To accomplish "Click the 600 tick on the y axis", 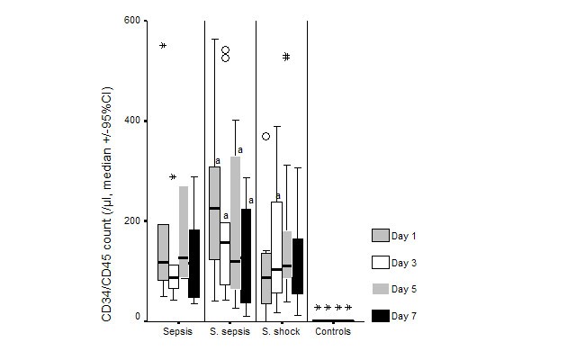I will click(130, 21).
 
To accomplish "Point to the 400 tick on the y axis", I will click(130, 121).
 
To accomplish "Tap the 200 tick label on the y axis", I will click(130, 220).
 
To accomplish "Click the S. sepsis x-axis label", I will click(230, 332).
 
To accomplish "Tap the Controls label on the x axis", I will click(333, 332).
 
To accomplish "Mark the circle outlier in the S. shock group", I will click(266, 137).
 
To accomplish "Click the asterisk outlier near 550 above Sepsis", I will click(163, 46).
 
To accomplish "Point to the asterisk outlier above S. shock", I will click(287, 57).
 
